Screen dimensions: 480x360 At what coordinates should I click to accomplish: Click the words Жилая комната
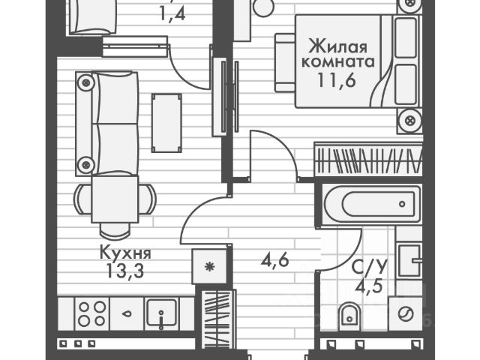338,52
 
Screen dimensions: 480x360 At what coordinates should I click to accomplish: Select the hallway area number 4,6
275,263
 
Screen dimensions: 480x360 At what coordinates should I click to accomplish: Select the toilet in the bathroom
349,317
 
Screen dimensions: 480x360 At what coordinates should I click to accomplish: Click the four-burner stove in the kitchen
89,313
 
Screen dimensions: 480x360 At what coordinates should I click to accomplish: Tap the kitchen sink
161,313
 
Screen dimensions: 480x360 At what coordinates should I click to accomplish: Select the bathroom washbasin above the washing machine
409,263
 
